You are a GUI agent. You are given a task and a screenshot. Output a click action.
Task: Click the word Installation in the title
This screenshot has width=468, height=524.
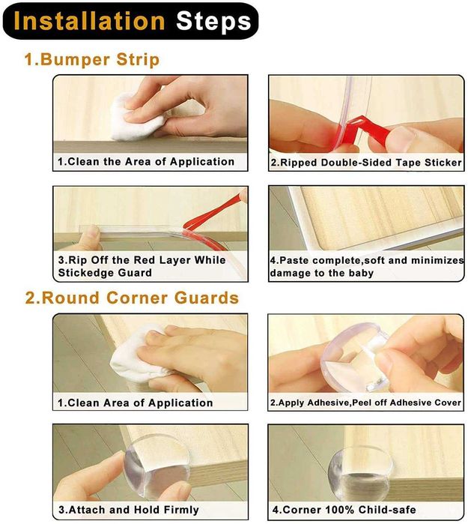pos(89,22)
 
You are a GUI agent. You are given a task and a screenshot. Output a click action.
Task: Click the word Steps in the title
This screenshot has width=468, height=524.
pos(213,22)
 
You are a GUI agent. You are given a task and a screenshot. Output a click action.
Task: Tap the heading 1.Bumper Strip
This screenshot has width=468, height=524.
pos(92,60)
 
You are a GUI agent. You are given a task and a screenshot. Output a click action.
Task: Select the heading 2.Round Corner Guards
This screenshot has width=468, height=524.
pos(133,298)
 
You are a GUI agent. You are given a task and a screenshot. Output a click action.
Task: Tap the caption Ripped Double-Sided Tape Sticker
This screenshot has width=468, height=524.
pos(366,163)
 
